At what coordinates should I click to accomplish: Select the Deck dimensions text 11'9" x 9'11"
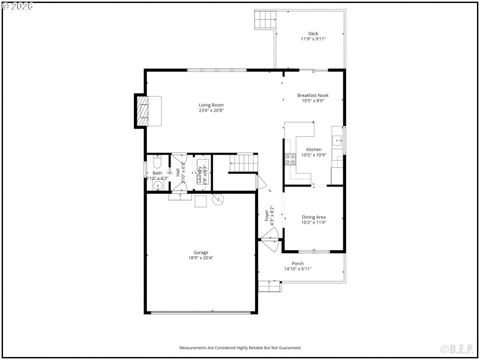[313, 39]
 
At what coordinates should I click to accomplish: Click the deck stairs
[265, 20]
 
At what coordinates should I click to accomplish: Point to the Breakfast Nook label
[313, 95]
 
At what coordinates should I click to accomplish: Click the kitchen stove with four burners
[290, 159]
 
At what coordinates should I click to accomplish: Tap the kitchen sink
[338, 142]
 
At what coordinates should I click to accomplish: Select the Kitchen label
[314, 149]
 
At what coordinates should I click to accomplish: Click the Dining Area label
[313, 217]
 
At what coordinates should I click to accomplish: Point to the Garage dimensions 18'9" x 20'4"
[201, 258]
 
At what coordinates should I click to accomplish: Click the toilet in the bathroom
[157, 163]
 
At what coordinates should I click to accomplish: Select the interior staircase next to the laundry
[243, 163]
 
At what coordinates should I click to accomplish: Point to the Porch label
[298, 263]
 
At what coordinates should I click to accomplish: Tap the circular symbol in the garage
[218, 200]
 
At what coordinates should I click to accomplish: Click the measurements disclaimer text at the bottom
[240, 348]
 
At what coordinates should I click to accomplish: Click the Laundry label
[200, 174]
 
